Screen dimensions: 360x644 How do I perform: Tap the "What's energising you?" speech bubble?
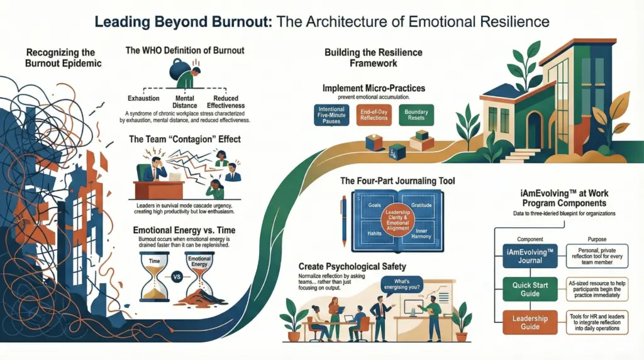(398, 286)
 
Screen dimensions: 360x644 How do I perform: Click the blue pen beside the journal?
(343, 220)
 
